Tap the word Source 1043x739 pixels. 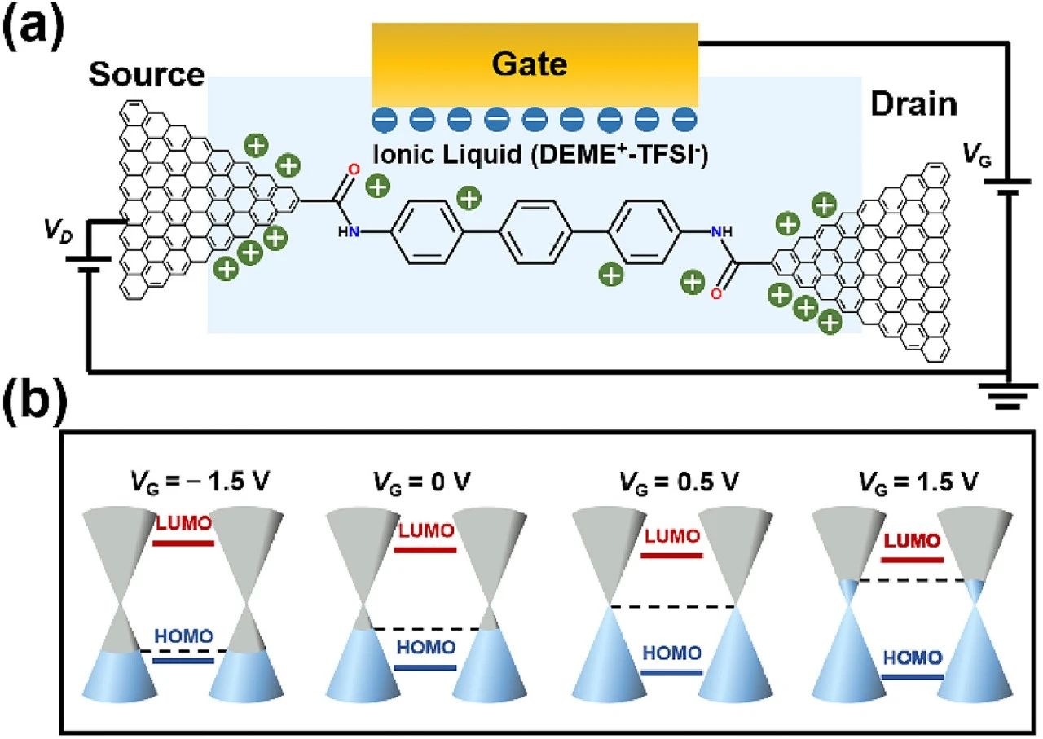(147, 75)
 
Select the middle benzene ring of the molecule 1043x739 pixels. (535, 233)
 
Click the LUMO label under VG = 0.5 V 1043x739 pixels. (671, 537)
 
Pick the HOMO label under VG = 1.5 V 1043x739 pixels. (913, 658)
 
